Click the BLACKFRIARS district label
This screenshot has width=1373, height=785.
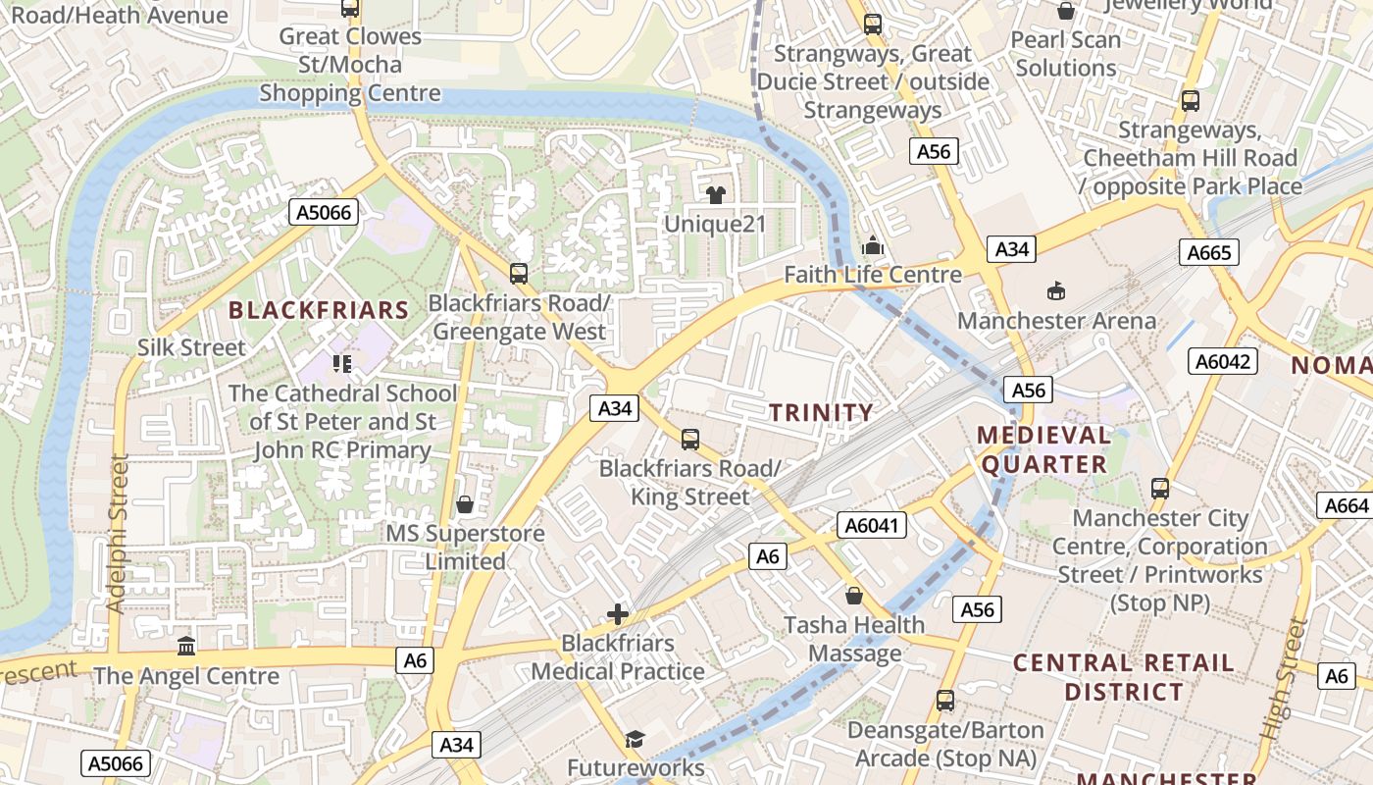319,311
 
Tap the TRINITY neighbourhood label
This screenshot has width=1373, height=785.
821,413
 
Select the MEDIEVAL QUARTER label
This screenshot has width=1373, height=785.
1043,449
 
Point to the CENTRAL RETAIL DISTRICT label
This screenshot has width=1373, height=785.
1124,677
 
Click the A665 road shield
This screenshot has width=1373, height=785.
1208,253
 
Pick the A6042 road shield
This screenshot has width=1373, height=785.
1223,361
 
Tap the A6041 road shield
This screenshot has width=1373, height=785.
872,526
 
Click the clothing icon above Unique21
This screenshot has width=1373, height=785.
715,195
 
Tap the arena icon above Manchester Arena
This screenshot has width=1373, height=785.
1056,290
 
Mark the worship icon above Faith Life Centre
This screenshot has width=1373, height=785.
872,246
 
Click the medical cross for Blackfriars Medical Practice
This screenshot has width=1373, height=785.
617,615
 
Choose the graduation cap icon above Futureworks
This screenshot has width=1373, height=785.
636,739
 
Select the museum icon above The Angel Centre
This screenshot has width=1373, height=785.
186,646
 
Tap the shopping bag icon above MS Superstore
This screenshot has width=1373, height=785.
465,504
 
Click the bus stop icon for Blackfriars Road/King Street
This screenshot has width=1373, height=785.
690,440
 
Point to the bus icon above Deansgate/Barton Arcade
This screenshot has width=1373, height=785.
944,701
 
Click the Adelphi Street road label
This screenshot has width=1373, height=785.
119,534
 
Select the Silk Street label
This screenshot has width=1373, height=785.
191,347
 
